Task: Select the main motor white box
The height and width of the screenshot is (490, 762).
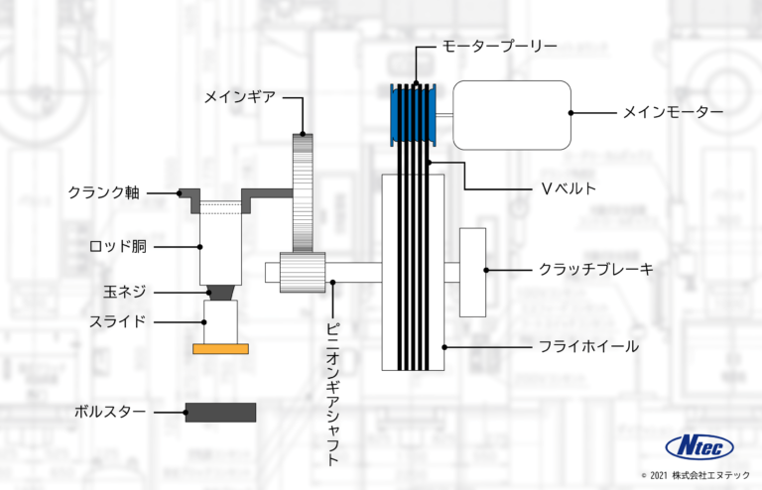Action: pyautogui.click(x=512, y=114)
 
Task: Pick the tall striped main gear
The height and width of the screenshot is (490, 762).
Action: pyautogui.click(x=303, y=193)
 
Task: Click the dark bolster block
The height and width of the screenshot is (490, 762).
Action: pyautogui.click(x=220, y=412)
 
